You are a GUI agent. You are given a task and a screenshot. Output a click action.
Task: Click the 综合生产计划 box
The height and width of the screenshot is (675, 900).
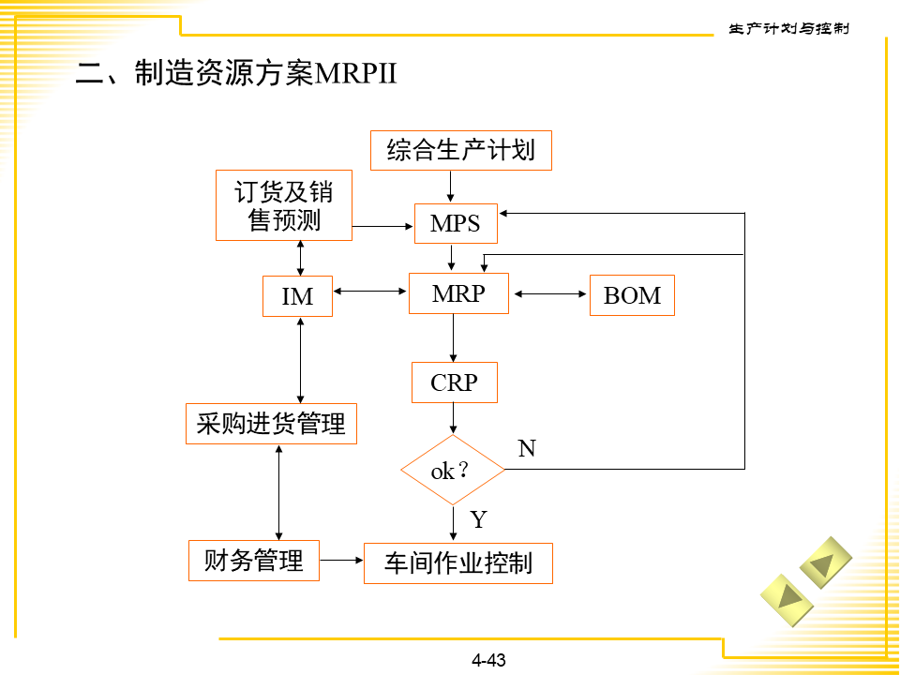pos(460,150)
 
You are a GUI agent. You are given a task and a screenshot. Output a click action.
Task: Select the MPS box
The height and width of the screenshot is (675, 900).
pos(456,223)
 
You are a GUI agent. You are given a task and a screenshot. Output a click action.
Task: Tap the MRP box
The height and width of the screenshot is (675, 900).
pos(458,293)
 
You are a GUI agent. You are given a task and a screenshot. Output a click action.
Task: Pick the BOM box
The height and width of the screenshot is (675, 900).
pos(632,295)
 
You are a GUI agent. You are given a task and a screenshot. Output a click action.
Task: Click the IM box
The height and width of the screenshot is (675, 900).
pos(297,295)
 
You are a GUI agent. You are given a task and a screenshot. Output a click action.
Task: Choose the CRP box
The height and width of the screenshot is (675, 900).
pos(454,382)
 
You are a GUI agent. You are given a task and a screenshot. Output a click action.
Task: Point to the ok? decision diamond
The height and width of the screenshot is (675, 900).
pos(453,470)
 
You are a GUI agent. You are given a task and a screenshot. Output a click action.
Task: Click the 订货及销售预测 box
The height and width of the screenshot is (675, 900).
pos(283,205)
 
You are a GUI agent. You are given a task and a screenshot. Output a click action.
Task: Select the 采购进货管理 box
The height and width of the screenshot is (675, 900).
pos(272,423)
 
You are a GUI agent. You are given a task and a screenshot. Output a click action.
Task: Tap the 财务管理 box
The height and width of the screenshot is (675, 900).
pos(253,560)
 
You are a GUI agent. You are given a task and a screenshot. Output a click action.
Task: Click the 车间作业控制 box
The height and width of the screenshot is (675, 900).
pos(457,562)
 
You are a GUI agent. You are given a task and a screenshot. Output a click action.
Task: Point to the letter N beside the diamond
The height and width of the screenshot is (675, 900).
pos(527,449)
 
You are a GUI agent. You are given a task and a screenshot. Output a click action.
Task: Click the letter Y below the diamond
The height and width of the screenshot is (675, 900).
pos(478,519)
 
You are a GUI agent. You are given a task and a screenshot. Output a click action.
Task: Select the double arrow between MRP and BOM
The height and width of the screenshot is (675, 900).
pos(549,294)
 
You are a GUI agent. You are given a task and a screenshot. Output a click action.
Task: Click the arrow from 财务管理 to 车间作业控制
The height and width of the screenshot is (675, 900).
pos(341,561)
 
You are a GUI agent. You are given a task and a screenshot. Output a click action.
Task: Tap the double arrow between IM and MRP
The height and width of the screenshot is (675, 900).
pos(371,292)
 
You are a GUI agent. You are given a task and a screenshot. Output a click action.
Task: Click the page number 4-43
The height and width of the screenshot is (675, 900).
pos(488,660)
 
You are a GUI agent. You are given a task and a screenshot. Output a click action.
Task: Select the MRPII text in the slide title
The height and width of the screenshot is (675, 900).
pos(357,74)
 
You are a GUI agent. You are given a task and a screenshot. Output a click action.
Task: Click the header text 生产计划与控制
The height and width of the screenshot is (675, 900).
pos(788,28)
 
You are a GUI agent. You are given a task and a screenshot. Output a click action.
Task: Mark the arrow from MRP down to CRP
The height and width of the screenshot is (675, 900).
pos(454,337)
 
